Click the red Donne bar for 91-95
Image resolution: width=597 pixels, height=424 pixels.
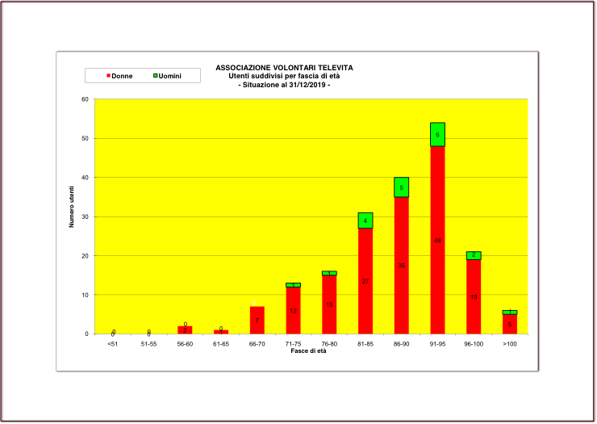coord(437,240)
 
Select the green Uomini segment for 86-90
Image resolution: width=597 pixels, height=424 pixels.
coord(401,187)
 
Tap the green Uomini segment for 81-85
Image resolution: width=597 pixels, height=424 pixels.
coord(365,220)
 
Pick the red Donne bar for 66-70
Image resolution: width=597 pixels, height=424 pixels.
coord(257,320)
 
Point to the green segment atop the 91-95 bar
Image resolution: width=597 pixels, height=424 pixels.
coord(437,134)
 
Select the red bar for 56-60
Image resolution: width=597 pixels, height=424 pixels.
coord(185,330)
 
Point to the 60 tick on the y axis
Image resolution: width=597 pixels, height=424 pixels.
coord(85,99)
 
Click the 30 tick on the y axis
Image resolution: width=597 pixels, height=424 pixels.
coord(85,216)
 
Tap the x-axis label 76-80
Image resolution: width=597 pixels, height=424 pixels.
coord(329,344)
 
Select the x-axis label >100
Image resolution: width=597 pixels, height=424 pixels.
coord(509,344)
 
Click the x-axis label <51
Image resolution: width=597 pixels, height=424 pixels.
coord(112,344)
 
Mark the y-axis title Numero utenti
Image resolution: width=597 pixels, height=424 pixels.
coord(71,205)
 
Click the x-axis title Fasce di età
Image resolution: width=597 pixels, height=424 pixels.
coord(310,351)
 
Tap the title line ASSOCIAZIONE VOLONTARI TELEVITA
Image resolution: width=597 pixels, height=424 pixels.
coord(284,68)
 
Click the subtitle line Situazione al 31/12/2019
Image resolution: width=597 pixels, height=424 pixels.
coord(284,84)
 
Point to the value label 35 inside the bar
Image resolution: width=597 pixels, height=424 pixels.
coord(401,266)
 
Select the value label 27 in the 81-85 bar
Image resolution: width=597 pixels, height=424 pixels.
coord(365,281)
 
